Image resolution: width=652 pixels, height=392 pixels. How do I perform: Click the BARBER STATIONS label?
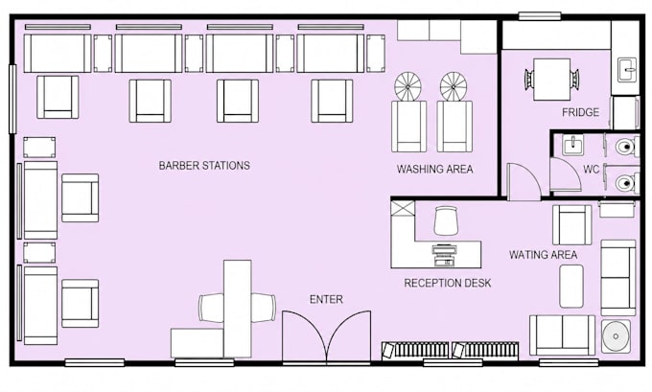pyautogui.click(x=204, y=166)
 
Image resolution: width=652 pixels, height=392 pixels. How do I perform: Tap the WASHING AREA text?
pyautogui.click(x=434, y=170)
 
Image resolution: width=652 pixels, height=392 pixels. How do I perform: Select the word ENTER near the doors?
pyautogui.click(x=326, y=299)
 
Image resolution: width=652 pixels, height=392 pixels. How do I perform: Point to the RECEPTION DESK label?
pyautogui.click(x=448, y=283)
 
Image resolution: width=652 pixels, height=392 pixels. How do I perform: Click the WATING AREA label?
pyautogui.click(x=543, y=254)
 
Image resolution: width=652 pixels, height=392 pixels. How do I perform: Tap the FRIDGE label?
pyautogui.click(x=580, y=112)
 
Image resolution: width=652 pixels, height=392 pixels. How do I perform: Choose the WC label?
pyautogui.click(x=592, y=170)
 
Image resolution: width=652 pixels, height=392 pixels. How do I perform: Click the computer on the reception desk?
pyautogui.click(x=444, y=255)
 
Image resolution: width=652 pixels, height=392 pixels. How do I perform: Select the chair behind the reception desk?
pyautogui.click(x=446, y=220)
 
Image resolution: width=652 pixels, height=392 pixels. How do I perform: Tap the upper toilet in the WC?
pyautogui.click(x=626, y=147)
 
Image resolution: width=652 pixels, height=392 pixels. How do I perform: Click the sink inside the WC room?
pyautogui.click(x=573, y=145)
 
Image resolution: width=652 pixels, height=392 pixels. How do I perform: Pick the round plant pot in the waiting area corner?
pyautogui.click(x=616, y=335)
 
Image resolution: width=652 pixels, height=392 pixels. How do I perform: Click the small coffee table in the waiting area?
pyautogui.click(x=571, y=286)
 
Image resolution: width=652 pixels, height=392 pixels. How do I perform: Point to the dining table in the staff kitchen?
pyautogui.click(x=551, y=80)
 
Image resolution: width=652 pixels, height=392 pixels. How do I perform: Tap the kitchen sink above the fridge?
pyautogui.click(x=627, y=70)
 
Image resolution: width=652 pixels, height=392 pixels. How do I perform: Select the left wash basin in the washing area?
pyautogui.click(x=407, y=86)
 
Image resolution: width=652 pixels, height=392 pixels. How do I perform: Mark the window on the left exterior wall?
pyautogui.click(x=12, y=99)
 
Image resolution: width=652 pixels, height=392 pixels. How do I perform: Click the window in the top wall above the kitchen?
pyautogui.click(x=540, y=16)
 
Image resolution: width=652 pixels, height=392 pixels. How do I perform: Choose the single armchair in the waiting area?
pyautogui.click(x=572, y=224)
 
